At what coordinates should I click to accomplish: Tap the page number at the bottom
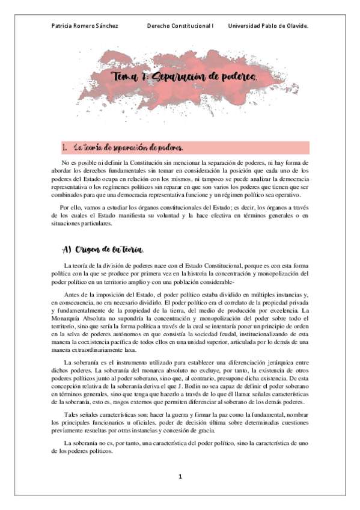point(180,476)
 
